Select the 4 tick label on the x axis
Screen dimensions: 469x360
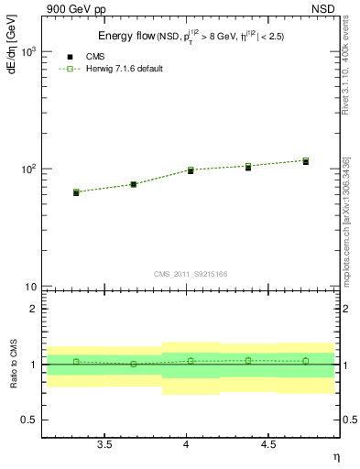click(187, 445)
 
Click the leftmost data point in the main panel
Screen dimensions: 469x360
click(76, 192)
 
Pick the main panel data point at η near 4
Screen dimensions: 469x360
click(191, 170)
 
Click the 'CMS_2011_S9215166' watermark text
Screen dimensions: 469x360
click(191, 273)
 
